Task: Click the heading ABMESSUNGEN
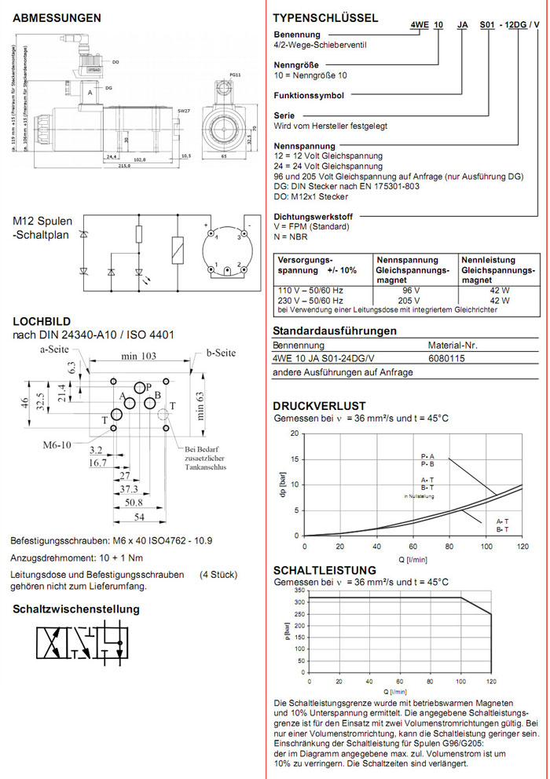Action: click(x=57, y=17)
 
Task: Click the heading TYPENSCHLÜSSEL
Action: click(x=325, y=18)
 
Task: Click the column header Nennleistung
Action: click(x=488, y=260)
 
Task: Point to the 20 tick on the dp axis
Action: click(x=295, y=433)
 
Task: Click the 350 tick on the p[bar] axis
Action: click(x=299, y=590)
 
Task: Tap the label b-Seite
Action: click(x=221, y=353)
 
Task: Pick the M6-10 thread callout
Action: click(x=56, y=444)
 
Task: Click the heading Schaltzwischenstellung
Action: click(x=75, y=609)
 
